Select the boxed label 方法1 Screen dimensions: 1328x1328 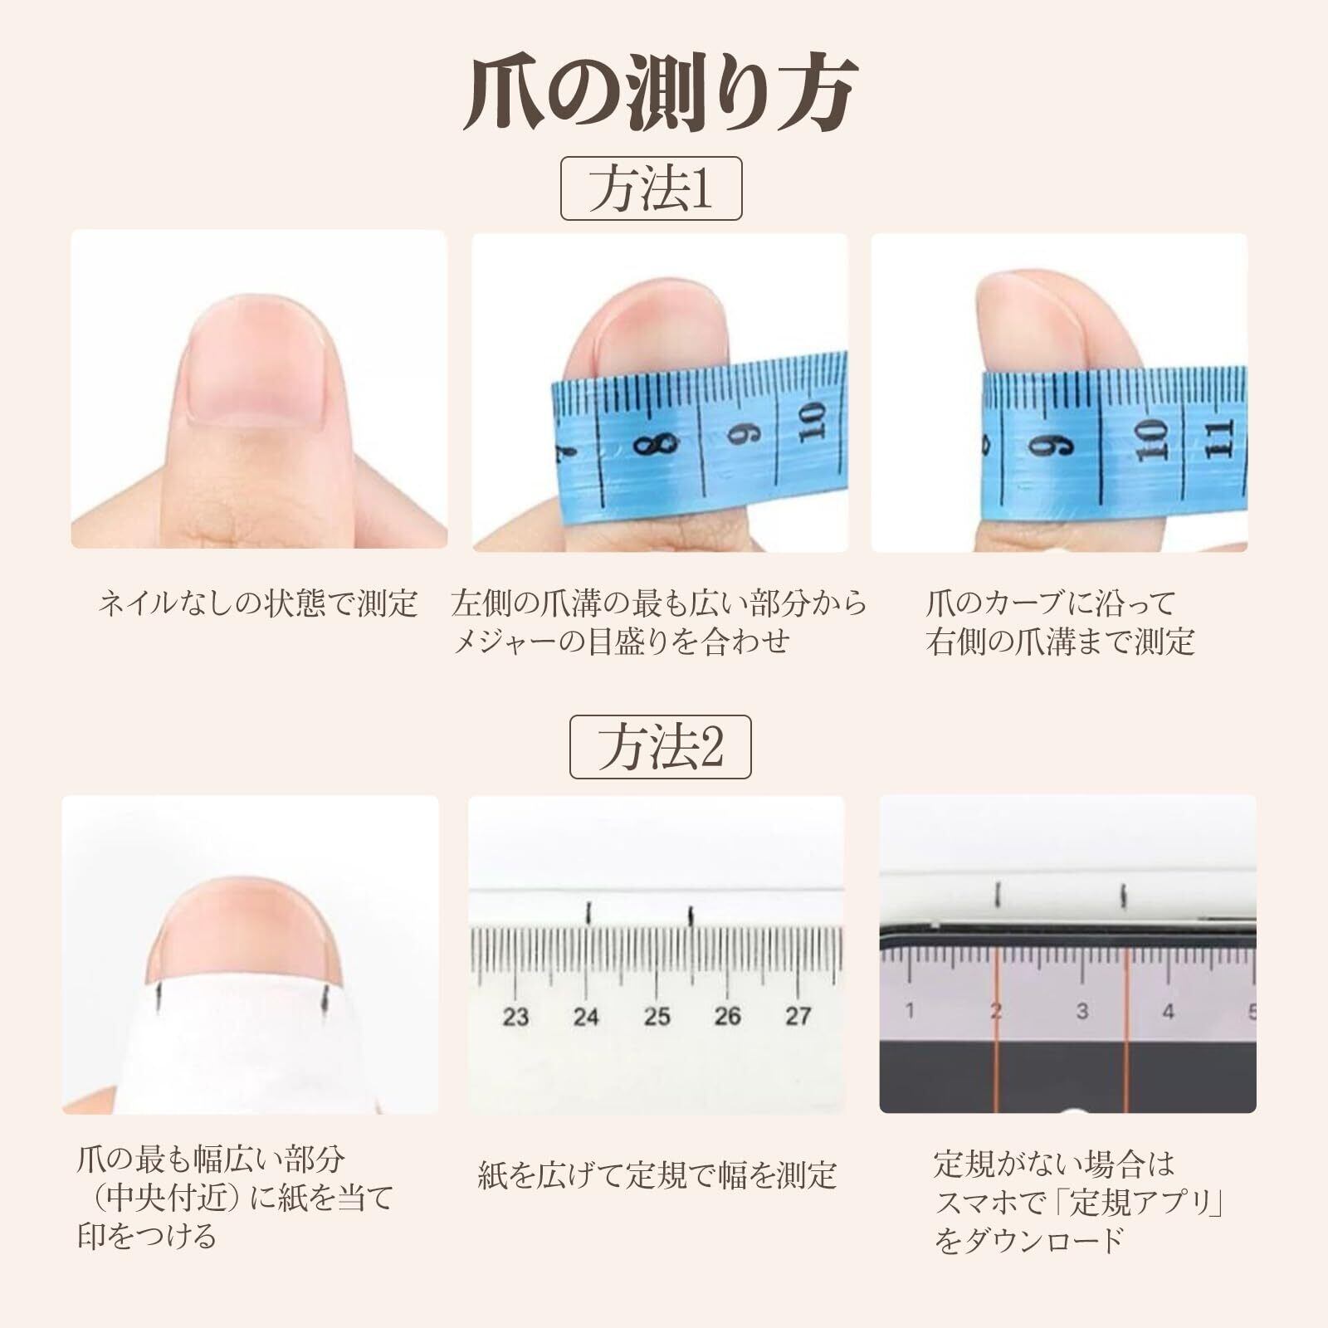(651, 188)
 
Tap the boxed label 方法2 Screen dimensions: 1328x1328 (660, 747)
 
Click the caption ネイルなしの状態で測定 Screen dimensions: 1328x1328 (257, 603)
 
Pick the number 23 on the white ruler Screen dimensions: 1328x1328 (515, 1016)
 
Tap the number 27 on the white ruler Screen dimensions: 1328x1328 (798, 1016)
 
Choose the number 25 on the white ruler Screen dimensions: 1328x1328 (657, 1016)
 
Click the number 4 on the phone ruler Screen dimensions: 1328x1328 (1169, 1012)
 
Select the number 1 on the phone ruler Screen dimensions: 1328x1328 (911, 1012)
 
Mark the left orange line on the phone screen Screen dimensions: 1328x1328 (994, 1030)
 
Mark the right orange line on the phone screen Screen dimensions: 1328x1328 (1126, 1030)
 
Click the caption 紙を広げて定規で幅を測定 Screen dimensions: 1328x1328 (657, 1175)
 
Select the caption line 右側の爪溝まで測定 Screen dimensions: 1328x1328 (1060, 642)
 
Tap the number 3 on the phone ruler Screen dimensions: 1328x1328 (1082, 1012)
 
